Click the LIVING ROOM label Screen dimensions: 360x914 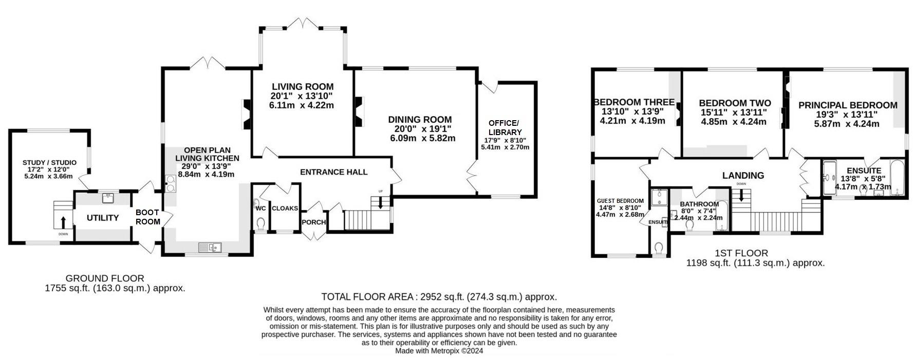[x=302, y=87]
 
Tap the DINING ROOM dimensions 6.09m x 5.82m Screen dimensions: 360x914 [x=422, y=138]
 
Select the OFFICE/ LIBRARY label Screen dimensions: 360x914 [x=503, y=127]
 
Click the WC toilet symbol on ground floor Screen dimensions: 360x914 [x=261, y=224]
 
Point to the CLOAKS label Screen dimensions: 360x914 [x=285, y=208]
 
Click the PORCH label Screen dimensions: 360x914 [x=313, y=222]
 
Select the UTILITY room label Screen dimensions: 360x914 [x=103, y=218]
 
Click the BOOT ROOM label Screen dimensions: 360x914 [x=148, y=217]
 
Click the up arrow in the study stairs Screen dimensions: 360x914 [x=63, y=222]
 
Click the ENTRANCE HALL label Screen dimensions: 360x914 [x=333, y=172]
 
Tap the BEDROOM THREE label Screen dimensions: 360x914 [x=633, y=102]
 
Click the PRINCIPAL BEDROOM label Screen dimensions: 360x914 [x=848, y=105]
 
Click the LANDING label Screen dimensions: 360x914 [x=743, y=176]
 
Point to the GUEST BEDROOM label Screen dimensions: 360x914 [x=620, y=201]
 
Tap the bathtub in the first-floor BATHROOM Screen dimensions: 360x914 [x=722, y=216]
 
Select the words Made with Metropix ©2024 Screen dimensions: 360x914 [x=439, y=351]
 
